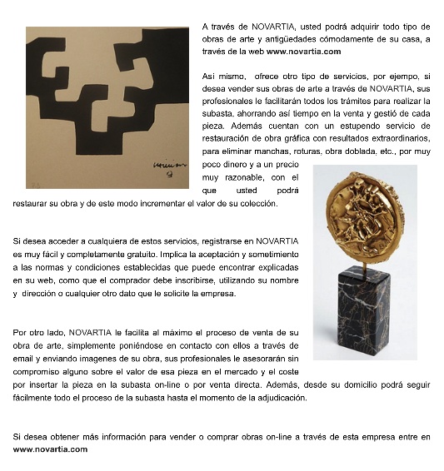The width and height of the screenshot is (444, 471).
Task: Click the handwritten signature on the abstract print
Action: (170, 167)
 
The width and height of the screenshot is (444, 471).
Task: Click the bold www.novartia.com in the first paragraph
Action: (303, 52)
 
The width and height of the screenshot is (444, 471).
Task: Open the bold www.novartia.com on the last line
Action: (50, 449)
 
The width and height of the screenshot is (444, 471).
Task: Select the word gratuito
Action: (142, 255)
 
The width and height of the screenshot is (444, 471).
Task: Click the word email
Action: (22, 359)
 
